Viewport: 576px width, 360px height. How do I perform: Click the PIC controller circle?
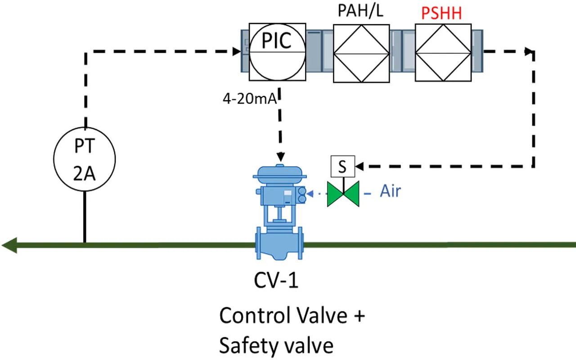point(277,52)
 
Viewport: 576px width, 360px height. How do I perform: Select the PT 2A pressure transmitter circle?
point(85,159)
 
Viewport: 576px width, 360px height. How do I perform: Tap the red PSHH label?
point(441,14)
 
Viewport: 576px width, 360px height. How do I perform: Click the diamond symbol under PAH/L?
point(361,53)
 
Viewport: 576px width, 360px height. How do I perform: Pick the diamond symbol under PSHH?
point(443,53)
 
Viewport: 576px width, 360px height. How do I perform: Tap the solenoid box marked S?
point(342,166)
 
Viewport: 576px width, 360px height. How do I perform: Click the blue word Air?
point(390,191)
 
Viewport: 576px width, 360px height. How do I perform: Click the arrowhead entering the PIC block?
point(236,52)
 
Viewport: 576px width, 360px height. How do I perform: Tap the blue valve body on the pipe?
point(279,245)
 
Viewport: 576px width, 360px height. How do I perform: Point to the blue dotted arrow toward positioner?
point(317,194)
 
